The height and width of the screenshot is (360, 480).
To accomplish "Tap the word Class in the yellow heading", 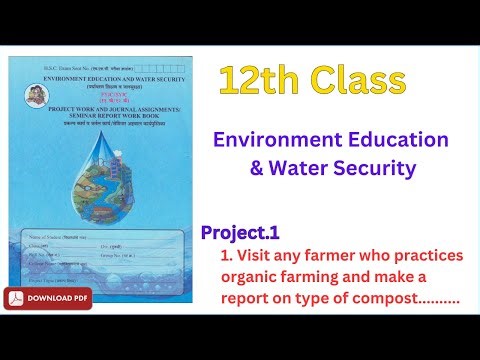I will [359, 80].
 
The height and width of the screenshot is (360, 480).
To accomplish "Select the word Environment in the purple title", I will [266, 139].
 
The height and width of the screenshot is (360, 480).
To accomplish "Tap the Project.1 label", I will [240, 233].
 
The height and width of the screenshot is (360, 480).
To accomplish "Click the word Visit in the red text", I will [258, 256].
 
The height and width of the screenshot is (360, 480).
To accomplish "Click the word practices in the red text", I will [430, 256].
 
